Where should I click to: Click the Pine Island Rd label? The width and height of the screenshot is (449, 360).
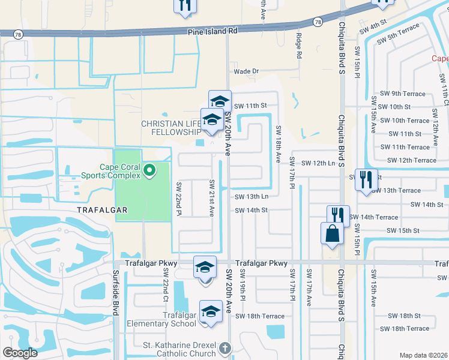click(x=212, y=30)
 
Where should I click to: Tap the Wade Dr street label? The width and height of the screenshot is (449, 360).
click(x=246, y=71)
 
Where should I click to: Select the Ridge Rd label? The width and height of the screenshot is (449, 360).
click(x=298, y=46)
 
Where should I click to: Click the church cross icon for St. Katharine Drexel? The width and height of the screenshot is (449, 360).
click(x=224, y=348)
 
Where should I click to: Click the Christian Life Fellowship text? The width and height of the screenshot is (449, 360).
click(x=171, y=127)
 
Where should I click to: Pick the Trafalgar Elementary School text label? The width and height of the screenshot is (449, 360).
click(x=162, y=319)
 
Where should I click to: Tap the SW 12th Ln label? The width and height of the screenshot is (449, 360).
click(x=318, y=163)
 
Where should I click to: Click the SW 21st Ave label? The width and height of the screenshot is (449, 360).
click(x=211, y=198)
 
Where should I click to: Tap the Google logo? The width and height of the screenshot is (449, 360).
click(x=20, y=353)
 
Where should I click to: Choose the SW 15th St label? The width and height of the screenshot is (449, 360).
click(x=403, y=230)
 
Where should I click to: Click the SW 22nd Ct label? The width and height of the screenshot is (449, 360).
click(x=166, y=285)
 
